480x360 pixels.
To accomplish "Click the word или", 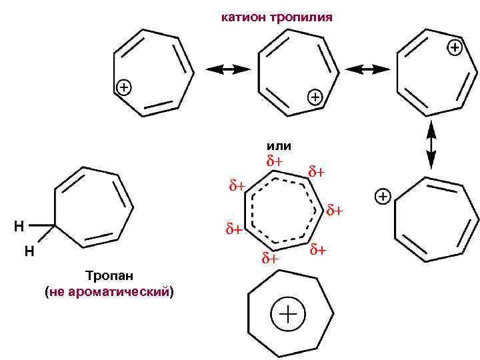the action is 279,145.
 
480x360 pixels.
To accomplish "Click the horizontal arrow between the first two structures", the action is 227,69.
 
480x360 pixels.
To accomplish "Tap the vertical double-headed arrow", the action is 431,143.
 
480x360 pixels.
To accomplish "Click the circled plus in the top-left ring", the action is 125,87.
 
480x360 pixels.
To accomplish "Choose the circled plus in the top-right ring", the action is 454,47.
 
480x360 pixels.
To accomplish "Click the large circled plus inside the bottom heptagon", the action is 288,315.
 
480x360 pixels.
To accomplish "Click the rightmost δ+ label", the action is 335,211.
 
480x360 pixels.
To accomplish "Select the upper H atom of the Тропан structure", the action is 19,226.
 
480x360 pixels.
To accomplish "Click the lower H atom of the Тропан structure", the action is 29,251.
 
